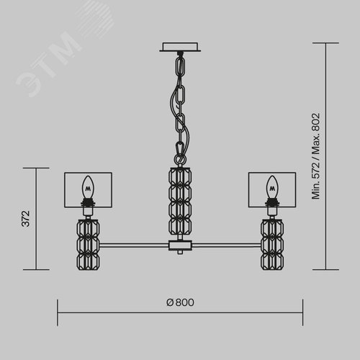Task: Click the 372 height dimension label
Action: click(x=26, y=219)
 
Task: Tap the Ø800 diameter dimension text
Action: click(x=180, y=302)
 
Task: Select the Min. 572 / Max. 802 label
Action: click(x=316, y=156)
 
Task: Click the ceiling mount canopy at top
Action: click(x=180, y=47)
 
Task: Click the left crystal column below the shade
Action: click(x=88, y=245)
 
